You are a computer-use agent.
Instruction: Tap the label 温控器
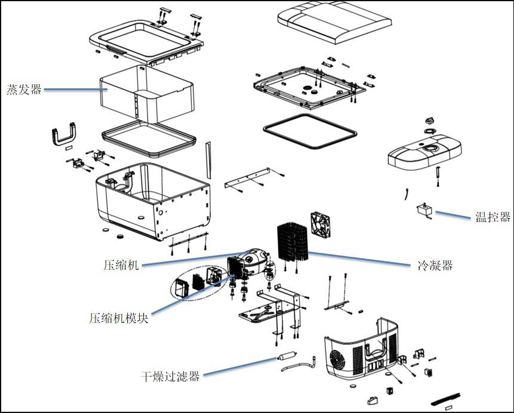(x=493, y=217)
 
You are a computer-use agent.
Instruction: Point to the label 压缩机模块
(x=118, y=318)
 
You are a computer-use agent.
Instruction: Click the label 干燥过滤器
(x=170, y=377)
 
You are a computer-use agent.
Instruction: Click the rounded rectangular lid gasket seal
(x=310, y=131)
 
